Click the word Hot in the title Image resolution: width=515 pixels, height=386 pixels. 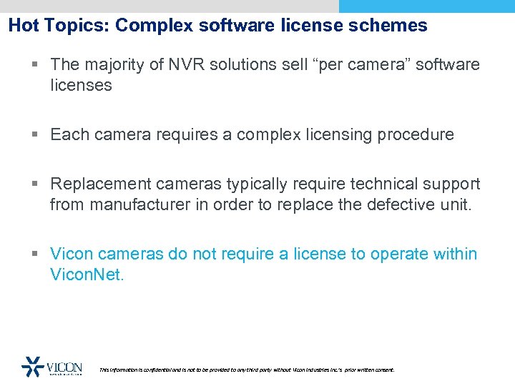(24, 26)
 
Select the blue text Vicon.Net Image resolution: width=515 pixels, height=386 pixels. (87, 274)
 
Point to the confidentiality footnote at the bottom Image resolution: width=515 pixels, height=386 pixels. (246, 370)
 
